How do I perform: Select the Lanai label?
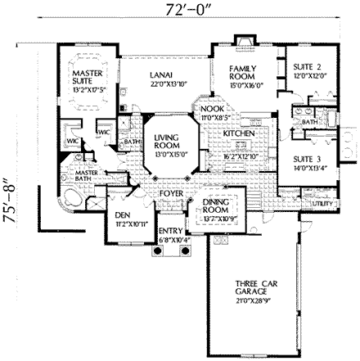click(160, 74)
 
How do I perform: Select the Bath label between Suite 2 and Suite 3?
click(309, 122)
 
